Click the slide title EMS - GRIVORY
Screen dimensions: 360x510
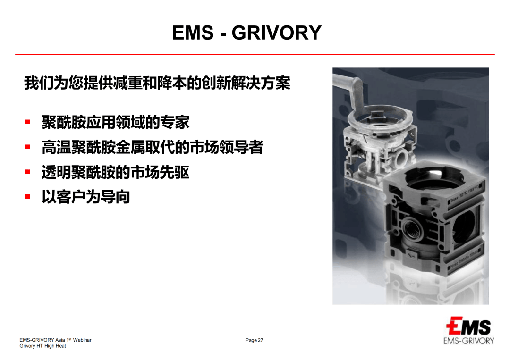point(246,33)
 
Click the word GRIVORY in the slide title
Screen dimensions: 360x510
point(276,33)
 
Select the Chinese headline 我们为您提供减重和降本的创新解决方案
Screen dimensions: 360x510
point(157,83)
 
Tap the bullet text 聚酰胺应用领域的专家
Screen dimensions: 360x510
point(115,122)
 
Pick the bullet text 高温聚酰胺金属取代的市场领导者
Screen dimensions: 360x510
point(152,147)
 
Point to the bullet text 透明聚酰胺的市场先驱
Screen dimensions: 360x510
point(115,172)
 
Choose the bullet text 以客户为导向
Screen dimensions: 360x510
point(85,197)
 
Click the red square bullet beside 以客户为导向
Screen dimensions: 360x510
point(28,196)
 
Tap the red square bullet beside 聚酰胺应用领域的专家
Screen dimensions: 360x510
point(28,122)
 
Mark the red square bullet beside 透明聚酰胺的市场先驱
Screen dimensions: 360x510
point(28,172)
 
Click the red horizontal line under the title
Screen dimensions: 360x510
point(255,55)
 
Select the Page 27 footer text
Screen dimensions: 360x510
point(254,340)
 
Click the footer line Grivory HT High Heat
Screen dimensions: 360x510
point(42,346)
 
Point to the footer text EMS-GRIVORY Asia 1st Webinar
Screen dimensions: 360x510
point(55,340)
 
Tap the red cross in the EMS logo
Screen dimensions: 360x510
point(451,326)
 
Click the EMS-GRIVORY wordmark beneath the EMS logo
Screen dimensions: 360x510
point(468,341)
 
